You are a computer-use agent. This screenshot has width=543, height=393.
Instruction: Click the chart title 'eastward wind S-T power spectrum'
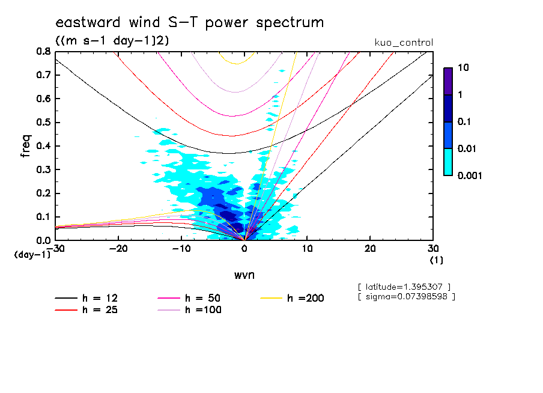189,23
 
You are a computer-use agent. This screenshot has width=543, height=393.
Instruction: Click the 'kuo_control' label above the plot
403,43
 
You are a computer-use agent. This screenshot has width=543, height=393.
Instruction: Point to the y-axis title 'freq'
26,145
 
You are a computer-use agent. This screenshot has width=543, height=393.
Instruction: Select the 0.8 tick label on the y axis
44,52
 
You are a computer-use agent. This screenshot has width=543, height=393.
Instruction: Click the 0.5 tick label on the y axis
44,123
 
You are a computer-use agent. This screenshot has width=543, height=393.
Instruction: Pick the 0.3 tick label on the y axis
44,169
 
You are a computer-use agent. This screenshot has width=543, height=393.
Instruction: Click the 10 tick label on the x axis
307,249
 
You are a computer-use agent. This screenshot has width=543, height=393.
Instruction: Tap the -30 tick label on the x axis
55,249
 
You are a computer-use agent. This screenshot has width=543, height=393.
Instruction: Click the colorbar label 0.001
470,175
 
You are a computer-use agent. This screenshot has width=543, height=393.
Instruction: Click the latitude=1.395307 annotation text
404,286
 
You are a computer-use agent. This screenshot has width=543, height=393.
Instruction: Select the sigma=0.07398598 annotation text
406,296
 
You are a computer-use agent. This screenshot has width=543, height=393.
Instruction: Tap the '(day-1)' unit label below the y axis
32,255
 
